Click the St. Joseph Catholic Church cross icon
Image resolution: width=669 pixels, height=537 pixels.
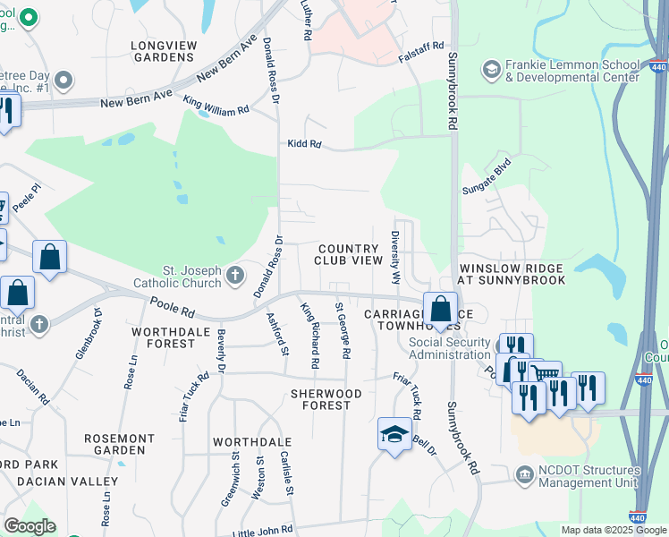click(235, 274)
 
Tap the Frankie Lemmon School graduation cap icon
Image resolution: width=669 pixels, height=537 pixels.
click(491, 69)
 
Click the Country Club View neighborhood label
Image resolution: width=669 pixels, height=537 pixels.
click(348, 254)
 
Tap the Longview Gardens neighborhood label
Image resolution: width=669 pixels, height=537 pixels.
click(162, 50)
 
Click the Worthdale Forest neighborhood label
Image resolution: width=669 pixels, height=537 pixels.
click(164, 337)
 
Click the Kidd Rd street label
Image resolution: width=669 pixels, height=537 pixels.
click(304, 144)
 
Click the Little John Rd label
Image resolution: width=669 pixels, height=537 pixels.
click(262, 530)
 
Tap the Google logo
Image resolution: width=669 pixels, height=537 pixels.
click(29, 526)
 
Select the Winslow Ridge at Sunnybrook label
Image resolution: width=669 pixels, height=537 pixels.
click(512, 274)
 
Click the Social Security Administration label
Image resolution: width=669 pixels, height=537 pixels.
click(451, 348)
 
